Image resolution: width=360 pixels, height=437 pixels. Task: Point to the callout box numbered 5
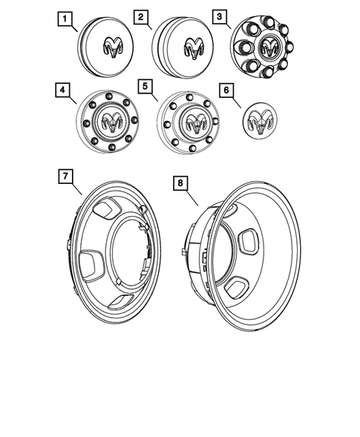[x=145, y=87]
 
